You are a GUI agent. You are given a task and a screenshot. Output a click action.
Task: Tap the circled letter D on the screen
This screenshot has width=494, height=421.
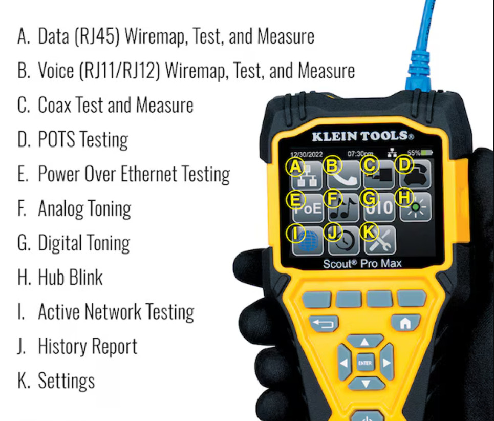pos(405,165)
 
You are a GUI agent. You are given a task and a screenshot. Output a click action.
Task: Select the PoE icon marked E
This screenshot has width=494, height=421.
pos(307,207)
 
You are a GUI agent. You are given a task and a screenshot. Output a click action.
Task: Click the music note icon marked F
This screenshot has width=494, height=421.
pos(343,207)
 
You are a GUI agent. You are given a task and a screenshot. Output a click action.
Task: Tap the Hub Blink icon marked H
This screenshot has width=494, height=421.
pos(415,207)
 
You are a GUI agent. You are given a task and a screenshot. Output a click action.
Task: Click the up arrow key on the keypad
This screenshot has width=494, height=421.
pos(364,342)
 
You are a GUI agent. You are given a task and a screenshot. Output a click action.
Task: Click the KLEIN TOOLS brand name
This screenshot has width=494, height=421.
pos(362,136)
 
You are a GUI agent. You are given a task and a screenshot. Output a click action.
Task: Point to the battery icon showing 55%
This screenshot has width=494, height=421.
pos(426,153)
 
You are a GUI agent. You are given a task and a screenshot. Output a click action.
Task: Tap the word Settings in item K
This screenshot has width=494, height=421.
pos(67,381)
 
